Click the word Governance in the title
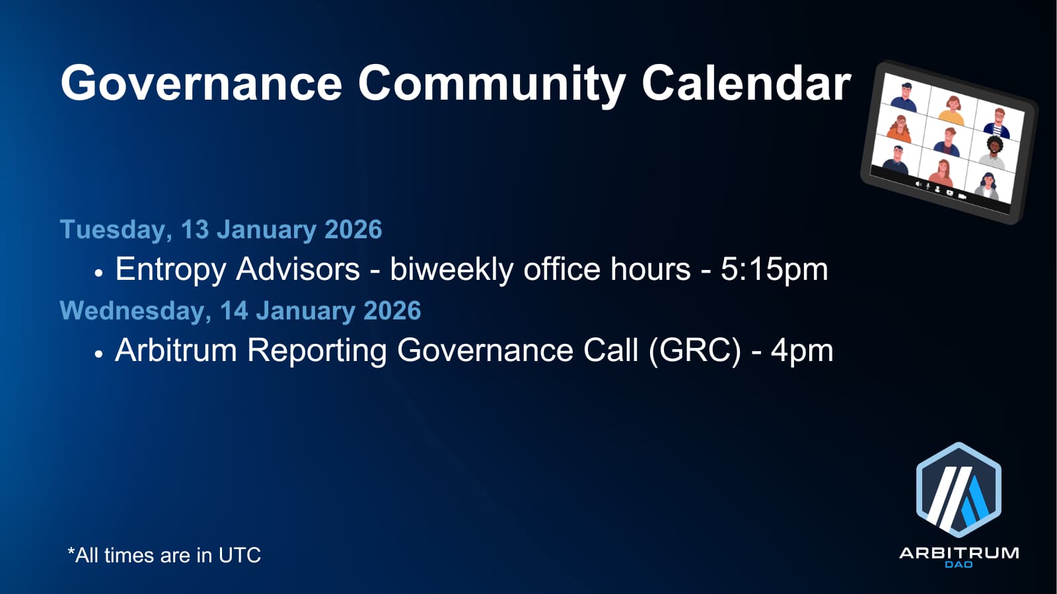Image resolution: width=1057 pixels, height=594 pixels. coord(201,83)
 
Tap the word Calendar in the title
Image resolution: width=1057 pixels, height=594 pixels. coord(746,83)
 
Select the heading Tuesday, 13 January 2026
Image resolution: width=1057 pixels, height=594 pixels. coord(221,230)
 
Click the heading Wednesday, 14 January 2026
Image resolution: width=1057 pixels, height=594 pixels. coord(240,311)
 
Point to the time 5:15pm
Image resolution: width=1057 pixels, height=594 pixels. coord(774,270)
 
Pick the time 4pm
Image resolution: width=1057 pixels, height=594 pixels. coord(802,351)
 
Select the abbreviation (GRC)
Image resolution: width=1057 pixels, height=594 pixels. coord(694,350)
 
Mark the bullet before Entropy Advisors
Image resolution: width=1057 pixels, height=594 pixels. coord(98,273)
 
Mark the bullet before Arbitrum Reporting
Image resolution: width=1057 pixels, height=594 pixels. coord(98,354)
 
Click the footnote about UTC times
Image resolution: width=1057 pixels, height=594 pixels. coord(164,555)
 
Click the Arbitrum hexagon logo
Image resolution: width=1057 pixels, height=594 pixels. coord(959,490)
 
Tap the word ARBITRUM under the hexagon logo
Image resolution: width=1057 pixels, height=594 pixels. coord(959,553)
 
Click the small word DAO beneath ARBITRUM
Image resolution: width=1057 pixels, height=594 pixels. coord(959,564)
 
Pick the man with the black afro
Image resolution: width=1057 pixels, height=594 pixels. coord(994,152)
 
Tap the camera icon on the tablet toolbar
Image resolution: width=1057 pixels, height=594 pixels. coord(962,195)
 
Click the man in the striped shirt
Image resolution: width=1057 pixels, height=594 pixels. coord(999,123)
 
